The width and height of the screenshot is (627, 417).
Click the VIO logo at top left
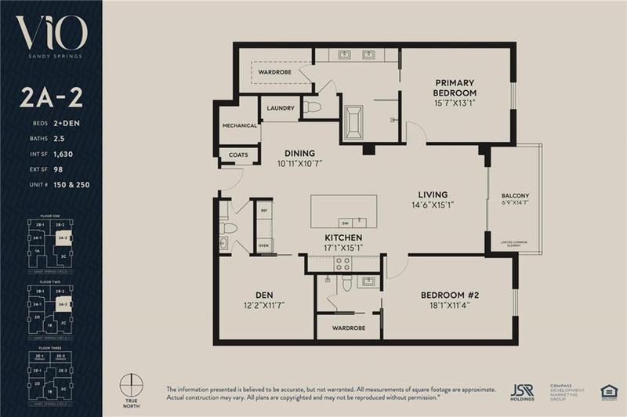point(51,36)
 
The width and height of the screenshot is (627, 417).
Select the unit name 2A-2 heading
point(51,100)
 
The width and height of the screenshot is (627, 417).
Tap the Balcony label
point(516,195)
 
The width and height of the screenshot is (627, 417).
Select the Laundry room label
point(280,108)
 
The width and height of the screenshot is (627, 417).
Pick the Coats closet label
point(238,155)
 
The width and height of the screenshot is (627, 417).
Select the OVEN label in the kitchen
point(263,245)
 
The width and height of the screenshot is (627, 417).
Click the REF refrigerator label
point(263,209)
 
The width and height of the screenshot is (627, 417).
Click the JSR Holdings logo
point(524,390)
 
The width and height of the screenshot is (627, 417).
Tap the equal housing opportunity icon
point(605,390)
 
